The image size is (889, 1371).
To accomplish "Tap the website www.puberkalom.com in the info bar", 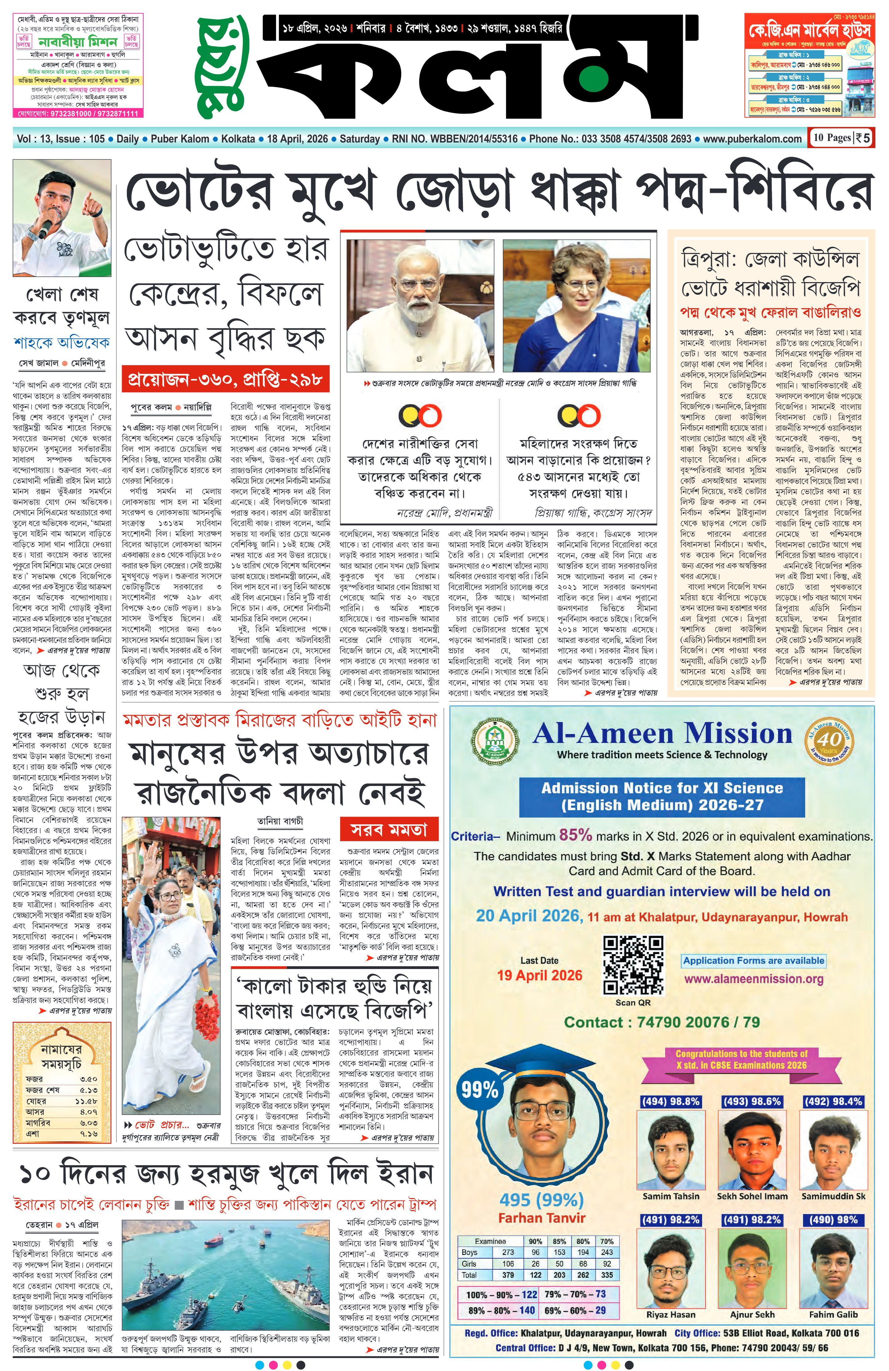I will (753, 139).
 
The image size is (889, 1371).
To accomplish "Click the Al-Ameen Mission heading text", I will (662, 734).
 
